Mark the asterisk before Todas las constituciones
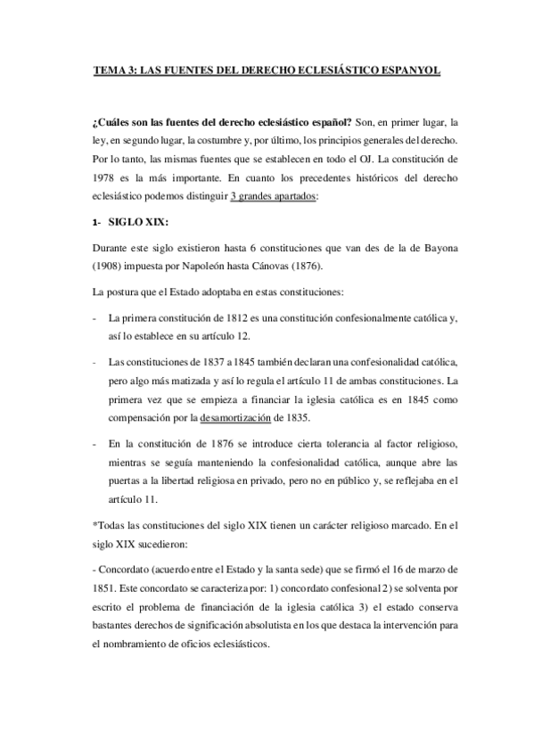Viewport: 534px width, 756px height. click(94, 528)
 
